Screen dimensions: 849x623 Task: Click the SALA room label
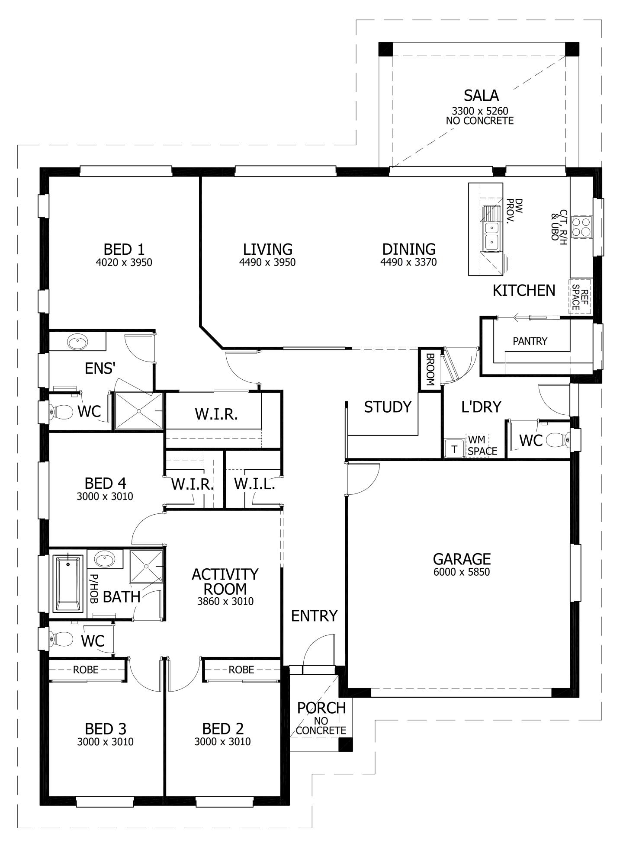tap(481, 95)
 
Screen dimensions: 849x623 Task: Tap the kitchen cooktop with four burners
tap(581, 227)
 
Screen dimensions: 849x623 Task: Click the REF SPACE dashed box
tap(579, 296)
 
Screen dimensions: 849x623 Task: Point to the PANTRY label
tap(530, 341)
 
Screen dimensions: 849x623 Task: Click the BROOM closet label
tap(430, 369)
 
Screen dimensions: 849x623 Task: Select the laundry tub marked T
tap(454, 449)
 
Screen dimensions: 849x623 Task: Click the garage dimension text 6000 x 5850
tap(461, 572)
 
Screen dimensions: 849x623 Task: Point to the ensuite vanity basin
tap(77, 343)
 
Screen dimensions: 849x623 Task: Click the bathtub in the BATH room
tap(68, 583)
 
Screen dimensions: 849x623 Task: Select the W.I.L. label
tap(254, 484)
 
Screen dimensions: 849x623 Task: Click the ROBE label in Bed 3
tap(85, 670)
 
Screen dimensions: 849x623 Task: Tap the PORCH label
tap(321, 708)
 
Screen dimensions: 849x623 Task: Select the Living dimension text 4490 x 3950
tap(267, 262)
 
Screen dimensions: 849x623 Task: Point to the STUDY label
tap(387, 407)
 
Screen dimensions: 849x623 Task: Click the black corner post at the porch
tap(345, 744)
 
